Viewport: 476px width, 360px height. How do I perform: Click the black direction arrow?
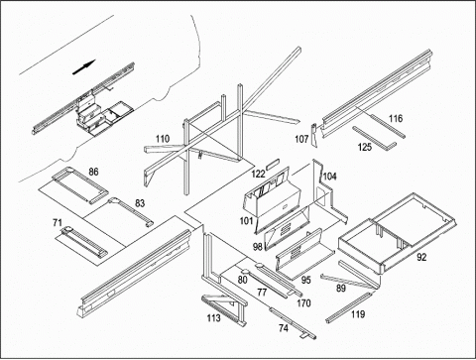pyautogui.click(x=84, y=67)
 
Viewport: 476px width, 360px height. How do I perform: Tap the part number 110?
pyautogui.click(x=163, y=139)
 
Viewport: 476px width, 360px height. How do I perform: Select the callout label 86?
pyautogui.click(x=93, y=172)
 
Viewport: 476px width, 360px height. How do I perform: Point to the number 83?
pyautogui.click(x=140, y=203)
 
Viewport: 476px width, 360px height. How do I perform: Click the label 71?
pyautogui.click(x=58, y=223)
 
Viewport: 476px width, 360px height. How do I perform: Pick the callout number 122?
pyautogui.click(x=258, y=174)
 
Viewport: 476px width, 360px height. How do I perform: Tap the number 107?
pyautogui.click(x=301, y=139)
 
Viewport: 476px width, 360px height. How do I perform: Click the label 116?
pyautogui.click(x=396, y=118)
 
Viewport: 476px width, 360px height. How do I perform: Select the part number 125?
pyautogui.click(x=365, y=147)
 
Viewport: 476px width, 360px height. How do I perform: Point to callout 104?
pyautogui.click(x=329, y=177)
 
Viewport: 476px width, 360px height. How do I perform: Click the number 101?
pyautogui.click(x=246, y=220)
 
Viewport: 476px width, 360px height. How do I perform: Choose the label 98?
pyautogui.click(x=258, y=246)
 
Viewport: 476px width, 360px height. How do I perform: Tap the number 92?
pyautogui.click(x=421, y=257)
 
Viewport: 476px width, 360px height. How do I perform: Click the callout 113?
pyautogui.click(x=213, y=318)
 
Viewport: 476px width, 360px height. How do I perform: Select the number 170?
pyautogui.click(x=303, y=302)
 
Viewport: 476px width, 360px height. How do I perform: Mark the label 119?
pyautogui.click(x=358, y=313)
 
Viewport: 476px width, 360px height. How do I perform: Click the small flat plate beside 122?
pyautogui.click(x=273, y=164)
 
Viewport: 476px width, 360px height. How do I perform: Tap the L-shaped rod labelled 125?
pyautogui.click(x=375, y=138)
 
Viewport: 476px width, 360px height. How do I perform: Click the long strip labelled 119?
pyautogui.click(x=349, y=307)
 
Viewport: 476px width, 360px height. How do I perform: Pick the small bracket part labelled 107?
pyautogui.click(x=314, y=135)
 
